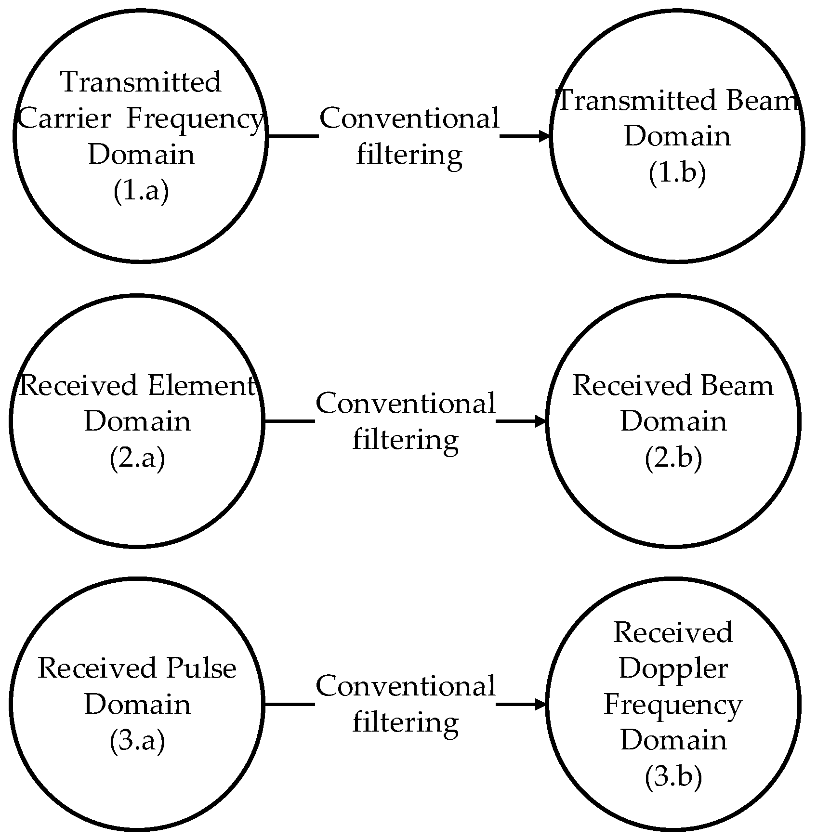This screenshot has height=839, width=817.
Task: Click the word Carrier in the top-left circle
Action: (65, 119)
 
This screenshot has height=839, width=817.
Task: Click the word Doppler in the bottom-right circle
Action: (673, 669)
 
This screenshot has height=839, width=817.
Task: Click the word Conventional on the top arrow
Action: (409, 118)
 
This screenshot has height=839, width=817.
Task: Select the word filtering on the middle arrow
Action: (406, 439)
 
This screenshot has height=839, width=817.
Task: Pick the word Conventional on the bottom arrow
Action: (406, 686)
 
